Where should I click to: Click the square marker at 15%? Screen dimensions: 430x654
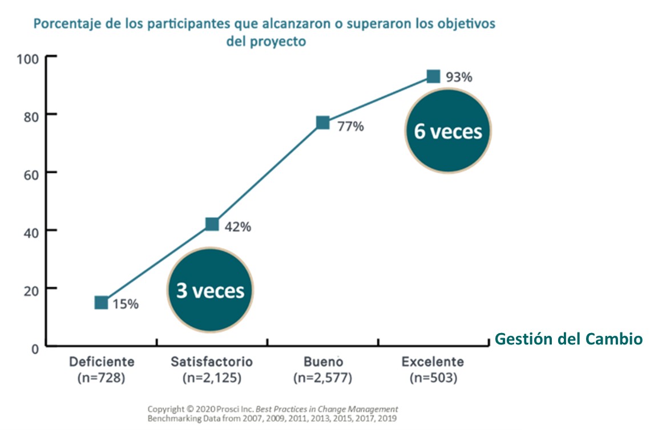(101, 303)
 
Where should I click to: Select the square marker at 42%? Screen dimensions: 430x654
(212, 224)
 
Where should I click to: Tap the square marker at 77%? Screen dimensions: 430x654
(322, 123)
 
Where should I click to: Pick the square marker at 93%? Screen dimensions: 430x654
(433, 76)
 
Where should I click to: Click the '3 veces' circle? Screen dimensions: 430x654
(210, 291)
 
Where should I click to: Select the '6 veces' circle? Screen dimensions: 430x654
(448, 132)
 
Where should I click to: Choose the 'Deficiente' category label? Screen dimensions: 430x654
(102, 362)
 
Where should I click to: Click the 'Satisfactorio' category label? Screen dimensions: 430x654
(212, 362)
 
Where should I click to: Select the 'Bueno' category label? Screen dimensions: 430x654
(322, 362)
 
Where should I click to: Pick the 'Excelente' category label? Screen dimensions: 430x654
(433, 362)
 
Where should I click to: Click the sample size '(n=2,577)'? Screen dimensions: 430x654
(322, 378)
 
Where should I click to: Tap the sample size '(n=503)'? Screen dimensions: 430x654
(433, 378)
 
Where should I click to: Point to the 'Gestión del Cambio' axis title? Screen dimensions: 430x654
(568, 339)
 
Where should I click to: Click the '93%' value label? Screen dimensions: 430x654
(459, 78)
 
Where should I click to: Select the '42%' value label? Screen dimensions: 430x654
(238, 227)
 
